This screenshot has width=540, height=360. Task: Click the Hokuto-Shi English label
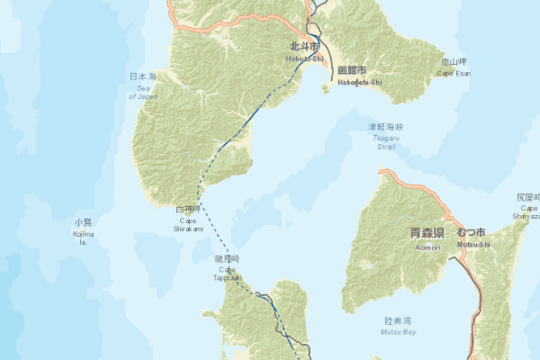[x=304, y=58]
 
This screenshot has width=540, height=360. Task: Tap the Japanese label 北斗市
[x=304, y=46]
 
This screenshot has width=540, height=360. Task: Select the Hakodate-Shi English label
[x=359, y=82]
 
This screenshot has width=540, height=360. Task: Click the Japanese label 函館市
[x=351, y=70]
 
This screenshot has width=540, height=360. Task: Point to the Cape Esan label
[x=453, y=74]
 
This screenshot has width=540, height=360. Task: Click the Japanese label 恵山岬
[x=454, y=62]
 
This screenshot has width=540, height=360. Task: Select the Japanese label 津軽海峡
[x=386, y=127]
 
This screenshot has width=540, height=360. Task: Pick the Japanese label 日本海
[x=142, y=76]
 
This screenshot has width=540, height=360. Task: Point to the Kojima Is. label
[x=83, y=238]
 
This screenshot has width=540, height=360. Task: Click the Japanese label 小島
[x=83, y=221]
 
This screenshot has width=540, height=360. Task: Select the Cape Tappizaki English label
[x=227, y=274]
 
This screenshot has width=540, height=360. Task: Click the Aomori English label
[x=427, y=247]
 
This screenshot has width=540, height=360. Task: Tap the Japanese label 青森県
[x=427, y=232]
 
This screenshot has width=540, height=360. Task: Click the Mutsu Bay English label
[x=400, y=332]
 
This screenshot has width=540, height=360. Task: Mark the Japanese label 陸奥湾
[x=398, y=319]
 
